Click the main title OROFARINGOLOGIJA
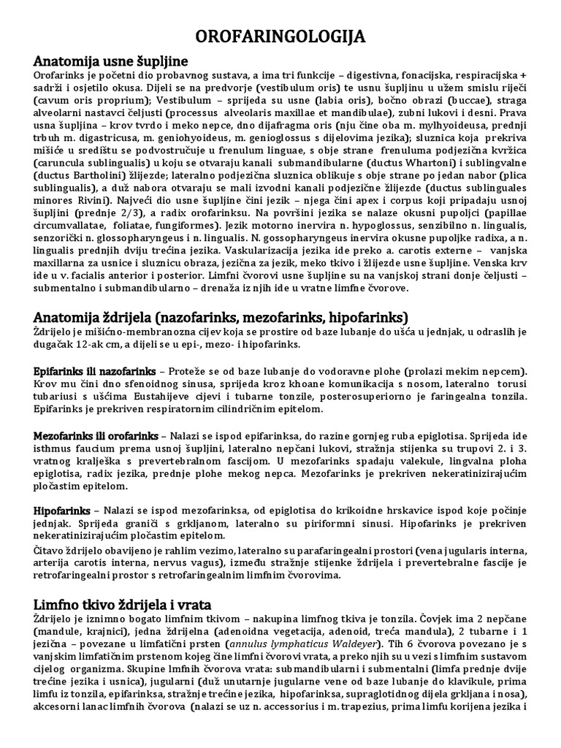coord(280,37)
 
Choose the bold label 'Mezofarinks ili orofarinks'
coord(96,436)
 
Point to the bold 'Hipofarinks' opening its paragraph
coord(62,509)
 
